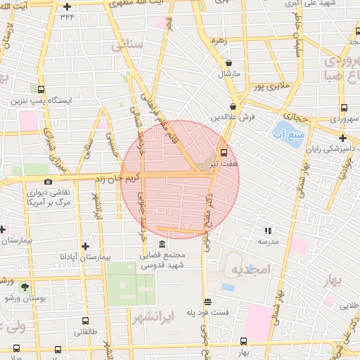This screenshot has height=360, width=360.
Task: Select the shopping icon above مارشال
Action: click(229, 63)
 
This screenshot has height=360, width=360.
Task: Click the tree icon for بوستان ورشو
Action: click(25, 287)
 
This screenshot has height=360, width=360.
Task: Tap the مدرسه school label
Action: click(268, 241)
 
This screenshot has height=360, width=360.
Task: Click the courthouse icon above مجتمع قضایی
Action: click(162, 244)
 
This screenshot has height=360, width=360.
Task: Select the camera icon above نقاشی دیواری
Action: click(48, 181)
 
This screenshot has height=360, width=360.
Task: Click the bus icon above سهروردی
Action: click(344, 108)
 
